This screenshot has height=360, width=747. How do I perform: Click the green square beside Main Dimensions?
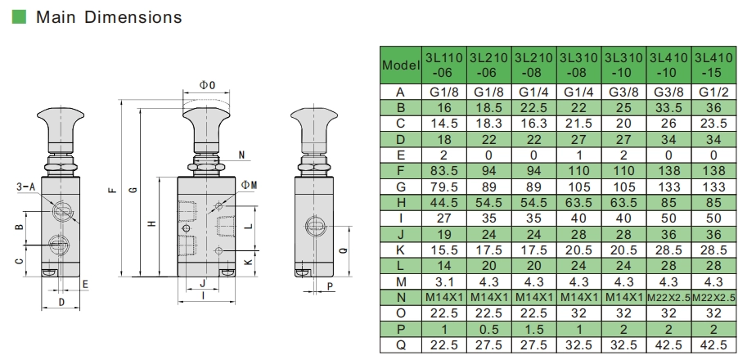coord(19,16)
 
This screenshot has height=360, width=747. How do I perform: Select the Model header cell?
coord(401,64)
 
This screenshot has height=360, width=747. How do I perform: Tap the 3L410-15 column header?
coord(714,64)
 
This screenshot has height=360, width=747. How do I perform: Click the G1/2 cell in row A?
coord(714,92)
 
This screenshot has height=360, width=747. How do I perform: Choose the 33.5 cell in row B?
coord(669,108)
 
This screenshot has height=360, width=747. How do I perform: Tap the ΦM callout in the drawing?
coord(250,185)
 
